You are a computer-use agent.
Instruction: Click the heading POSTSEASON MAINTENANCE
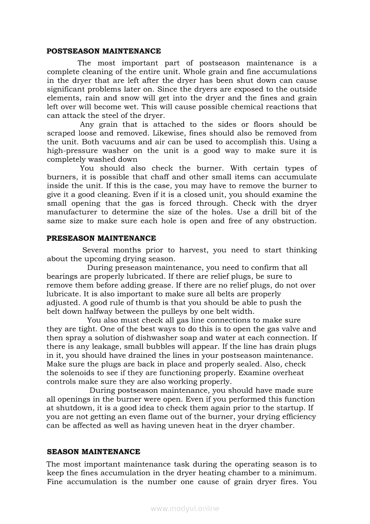coord(103,51)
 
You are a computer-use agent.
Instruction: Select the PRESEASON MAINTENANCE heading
coord(101,238)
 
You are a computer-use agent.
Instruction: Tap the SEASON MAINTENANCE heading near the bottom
coord(93,451)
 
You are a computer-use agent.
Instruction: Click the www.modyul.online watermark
coord(185,508)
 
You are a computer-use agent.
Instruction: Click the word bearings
coord(62,276)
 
